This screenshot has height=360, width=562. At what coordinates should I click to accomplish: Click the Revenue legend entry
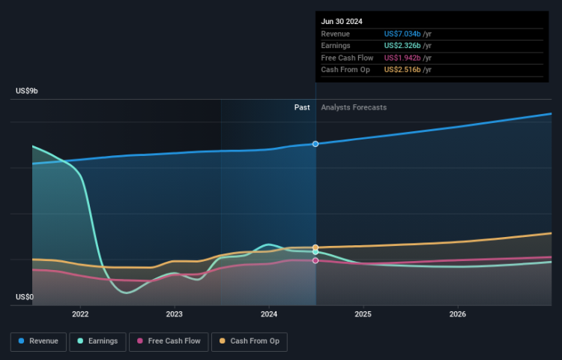coord(38,341)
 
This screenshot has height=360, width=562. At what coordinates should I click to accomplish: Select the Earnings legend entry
coord(97,341)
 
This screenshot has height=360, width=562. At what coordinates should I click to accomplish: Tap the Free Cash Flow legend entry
coord(168,341)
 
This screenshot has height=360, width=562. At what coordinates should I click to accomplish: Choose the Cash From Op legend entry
coord(249,341)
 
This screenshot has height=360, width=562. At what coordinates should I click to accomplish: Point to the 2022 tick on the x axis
coord(80,314)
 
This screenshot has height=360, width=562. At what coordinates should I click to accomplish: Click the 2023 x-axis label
coord(175,314)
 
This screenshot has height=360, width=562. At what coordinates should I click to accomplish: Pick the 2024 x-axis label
coord(269,314)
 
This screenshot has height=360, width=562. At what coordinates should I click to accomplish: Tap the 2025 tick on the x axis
coord(363,314)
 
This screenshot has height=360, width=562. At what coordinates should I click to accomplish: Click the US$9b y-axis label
coord(27,91)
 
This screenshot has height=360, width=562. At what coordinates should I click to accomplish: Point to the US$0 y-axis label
coord(25,298)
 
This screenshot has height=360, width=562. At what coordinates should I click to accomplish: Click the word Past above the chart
coord(302,107)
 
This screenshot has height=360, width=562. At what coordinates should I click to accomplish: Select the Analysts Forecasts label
coord(354,107)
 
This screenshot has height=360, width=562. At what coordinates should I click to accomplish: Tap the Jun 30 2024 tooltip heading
coord(342,22)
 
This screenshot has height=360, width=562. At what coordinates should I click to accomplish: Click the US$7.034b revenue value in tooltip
coord(407,34)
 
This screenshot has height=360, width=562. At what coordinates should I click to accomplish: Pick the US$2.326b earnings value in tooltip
coord(407,46)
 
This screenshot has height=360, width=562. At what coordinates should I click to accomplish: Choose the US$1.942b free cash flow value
coord(407,58)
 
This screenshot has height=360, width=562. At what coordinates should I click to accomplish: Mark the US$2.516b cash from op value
coord(407,70)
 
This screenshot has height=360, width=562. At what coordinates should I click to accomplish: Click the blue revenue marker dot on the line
coord(315,143)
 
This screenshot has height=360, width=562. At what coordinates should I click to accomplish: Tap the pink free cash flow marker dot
coord(315,260)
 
